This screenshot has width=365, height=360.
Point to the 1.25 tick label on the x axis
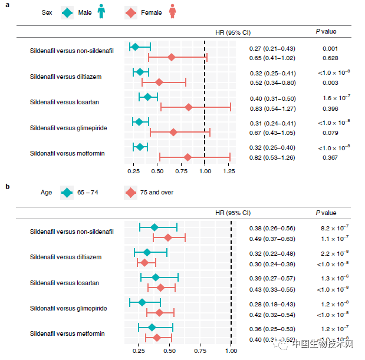[x=229, y=171]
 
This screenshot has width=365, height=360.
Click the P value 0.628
[x=330, y=58]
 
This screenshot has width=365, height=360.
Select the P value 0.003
[x=330, y=82]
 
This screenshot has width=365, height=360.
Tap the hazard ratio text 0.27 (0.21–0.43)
[x=272, y=48]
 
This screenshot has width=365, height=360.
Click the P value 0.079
[x=330, y=133]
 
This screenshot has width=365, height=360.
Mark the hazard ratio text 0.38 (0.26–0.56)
[x=272, y=228]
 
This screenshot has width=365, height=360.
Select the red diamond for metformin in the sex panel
[x=188, y=157]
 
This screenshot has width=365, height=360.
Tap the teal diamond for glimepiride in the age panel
[x=142, y=302]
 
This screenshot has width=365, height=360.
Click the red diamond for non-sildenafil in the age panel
[x=168, y=237]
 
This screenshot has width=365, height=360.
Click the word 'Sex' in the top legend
[x=48, y=12]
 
